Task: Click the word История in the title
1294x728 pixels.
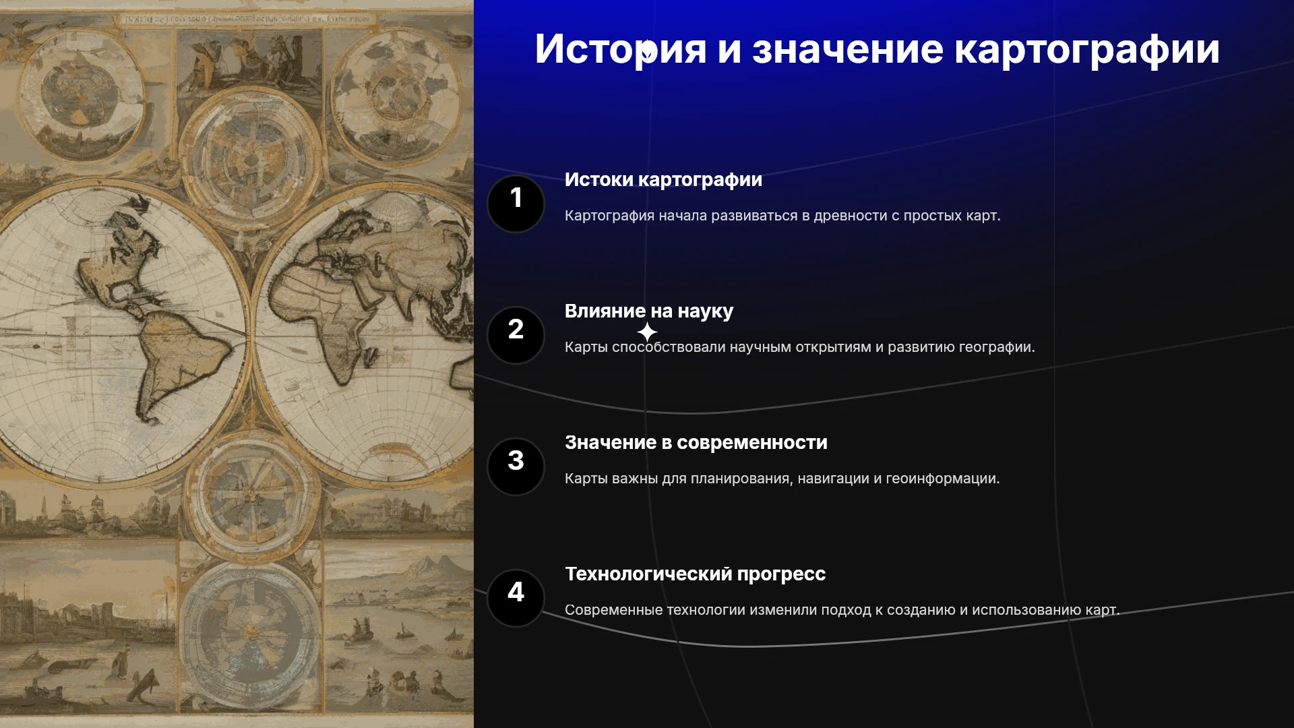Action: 621,49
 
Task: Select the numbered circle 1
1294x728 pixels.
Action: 516,204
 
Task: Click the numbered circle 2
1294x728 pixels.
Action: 516,335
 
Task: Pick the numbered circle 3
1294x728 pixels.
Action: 516,466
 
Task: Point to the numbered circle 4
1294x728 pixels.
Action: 516,598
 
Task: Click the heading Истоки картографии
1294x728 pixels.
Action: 663,180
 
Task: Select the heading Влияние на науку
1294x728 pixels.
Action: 649,311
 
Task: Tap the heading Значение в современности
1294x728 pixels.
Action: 696,443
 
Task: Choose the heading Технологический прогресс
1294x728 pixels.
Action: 695,574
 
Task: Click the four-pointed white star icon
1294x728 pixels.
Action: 647,332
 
